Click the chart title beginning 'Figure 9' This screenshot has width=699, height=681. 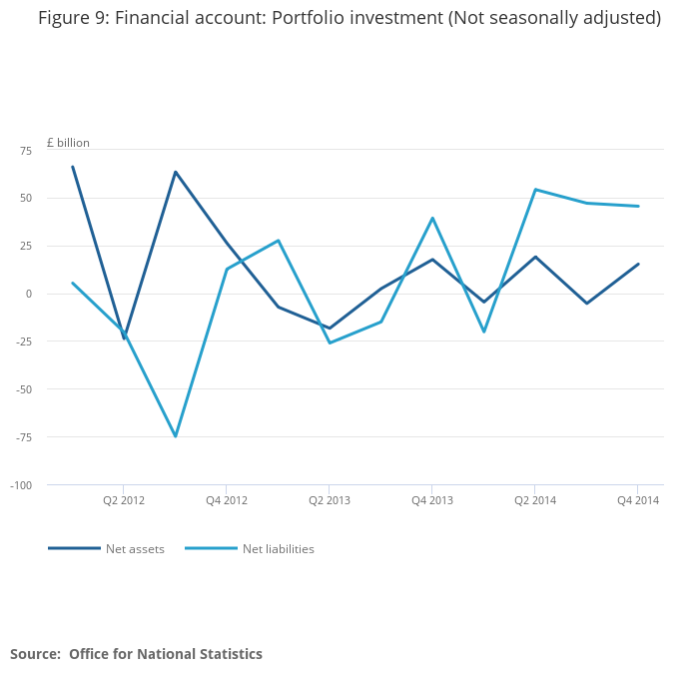click(x=349, y=18)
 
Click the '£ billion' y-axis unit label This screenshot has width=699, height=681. click(x=68, y=143)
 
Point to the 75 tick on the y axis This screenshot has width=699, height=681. click(x=26, y=150)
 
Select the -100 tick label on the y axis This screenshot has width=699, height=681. click(x=21, y=485)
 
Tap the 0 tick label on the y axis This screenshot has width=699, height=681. click(x=29, y=294)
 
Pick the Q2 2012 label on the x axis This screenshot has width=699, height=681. click(x=124, y=500)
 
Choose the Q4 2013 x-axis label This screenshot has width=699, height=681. click(x=432, y=500)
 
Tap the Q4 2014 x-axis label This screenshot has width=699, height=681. click(x=638, y=500)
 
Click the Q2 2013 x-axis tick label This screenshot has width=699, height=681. click(x=330, y=500)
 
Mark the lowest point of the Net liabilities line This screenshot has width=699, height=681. click(x=176, y=436)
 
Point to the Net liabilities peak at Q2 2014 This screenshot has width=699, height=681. click(x=535, y=190)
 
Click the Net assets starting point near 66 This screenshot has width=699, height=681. click(x=73, y=167)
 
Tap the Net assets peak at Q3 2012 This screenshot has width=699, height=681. click(x=176, y=172)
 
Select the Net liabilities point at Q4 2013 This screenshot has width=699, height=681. click(x=432, y=218)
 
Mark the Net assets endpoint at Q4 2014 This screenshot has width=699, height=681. click(x=638, y=264)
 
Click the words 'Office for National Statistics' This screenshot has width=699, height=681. click(x=166, y=654)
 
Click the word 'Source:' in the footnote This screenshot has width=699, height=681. click(x=35, y=654)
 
